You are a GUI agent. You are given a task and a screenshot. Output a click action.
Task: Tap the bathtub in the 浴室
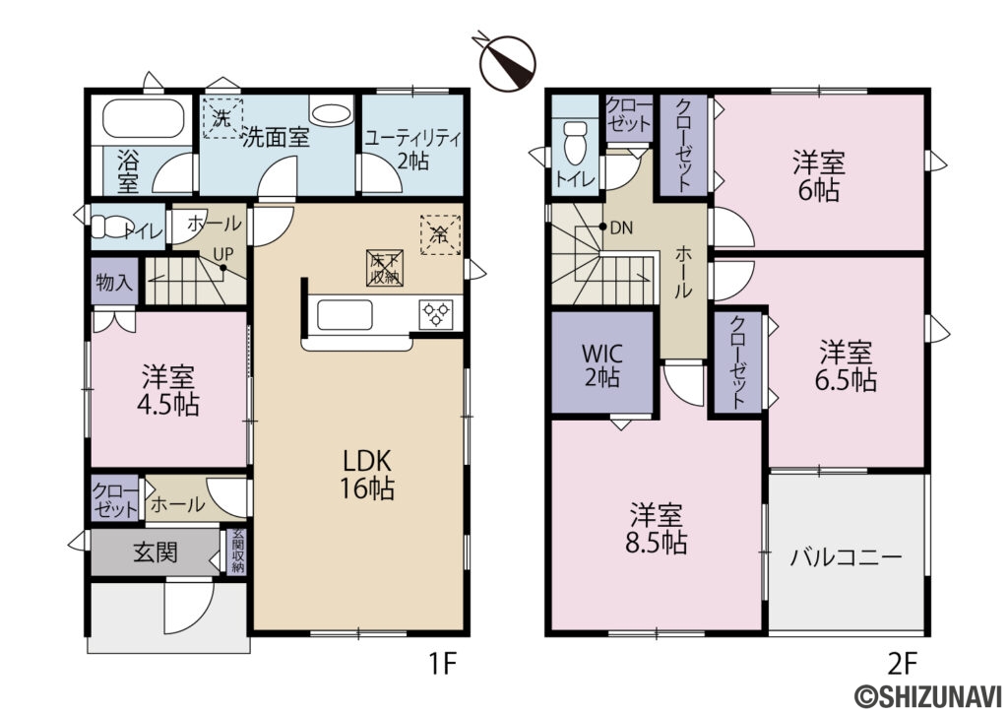coord(143,121)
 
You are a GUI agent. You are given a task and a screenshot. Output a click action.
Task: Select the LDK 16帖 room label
coord(368,474)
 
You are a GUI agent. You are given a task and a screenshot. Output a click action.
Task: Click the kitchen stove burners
coord(435,314)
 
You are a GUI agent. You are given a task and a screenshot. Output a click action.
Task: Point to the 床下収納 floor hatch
coord(383,268)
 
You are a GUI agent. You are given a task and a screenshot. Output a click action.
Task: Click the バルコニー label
coord(847,557)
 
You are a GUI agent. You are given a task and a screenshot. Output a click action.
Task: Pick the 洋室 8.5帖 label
coord(659,528)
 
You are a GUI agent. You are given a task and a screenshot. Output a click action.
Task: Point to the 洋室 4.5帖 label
coord(168,390)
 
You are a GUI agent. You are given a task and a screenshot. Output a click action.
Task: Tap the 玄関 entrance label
coord(155,552)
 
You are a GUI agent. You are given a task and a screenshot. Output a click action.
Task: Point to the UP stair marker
coord(224,252)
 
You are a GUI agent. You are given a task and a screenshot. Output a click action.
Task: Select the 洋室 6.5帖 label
coord(848,365)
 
